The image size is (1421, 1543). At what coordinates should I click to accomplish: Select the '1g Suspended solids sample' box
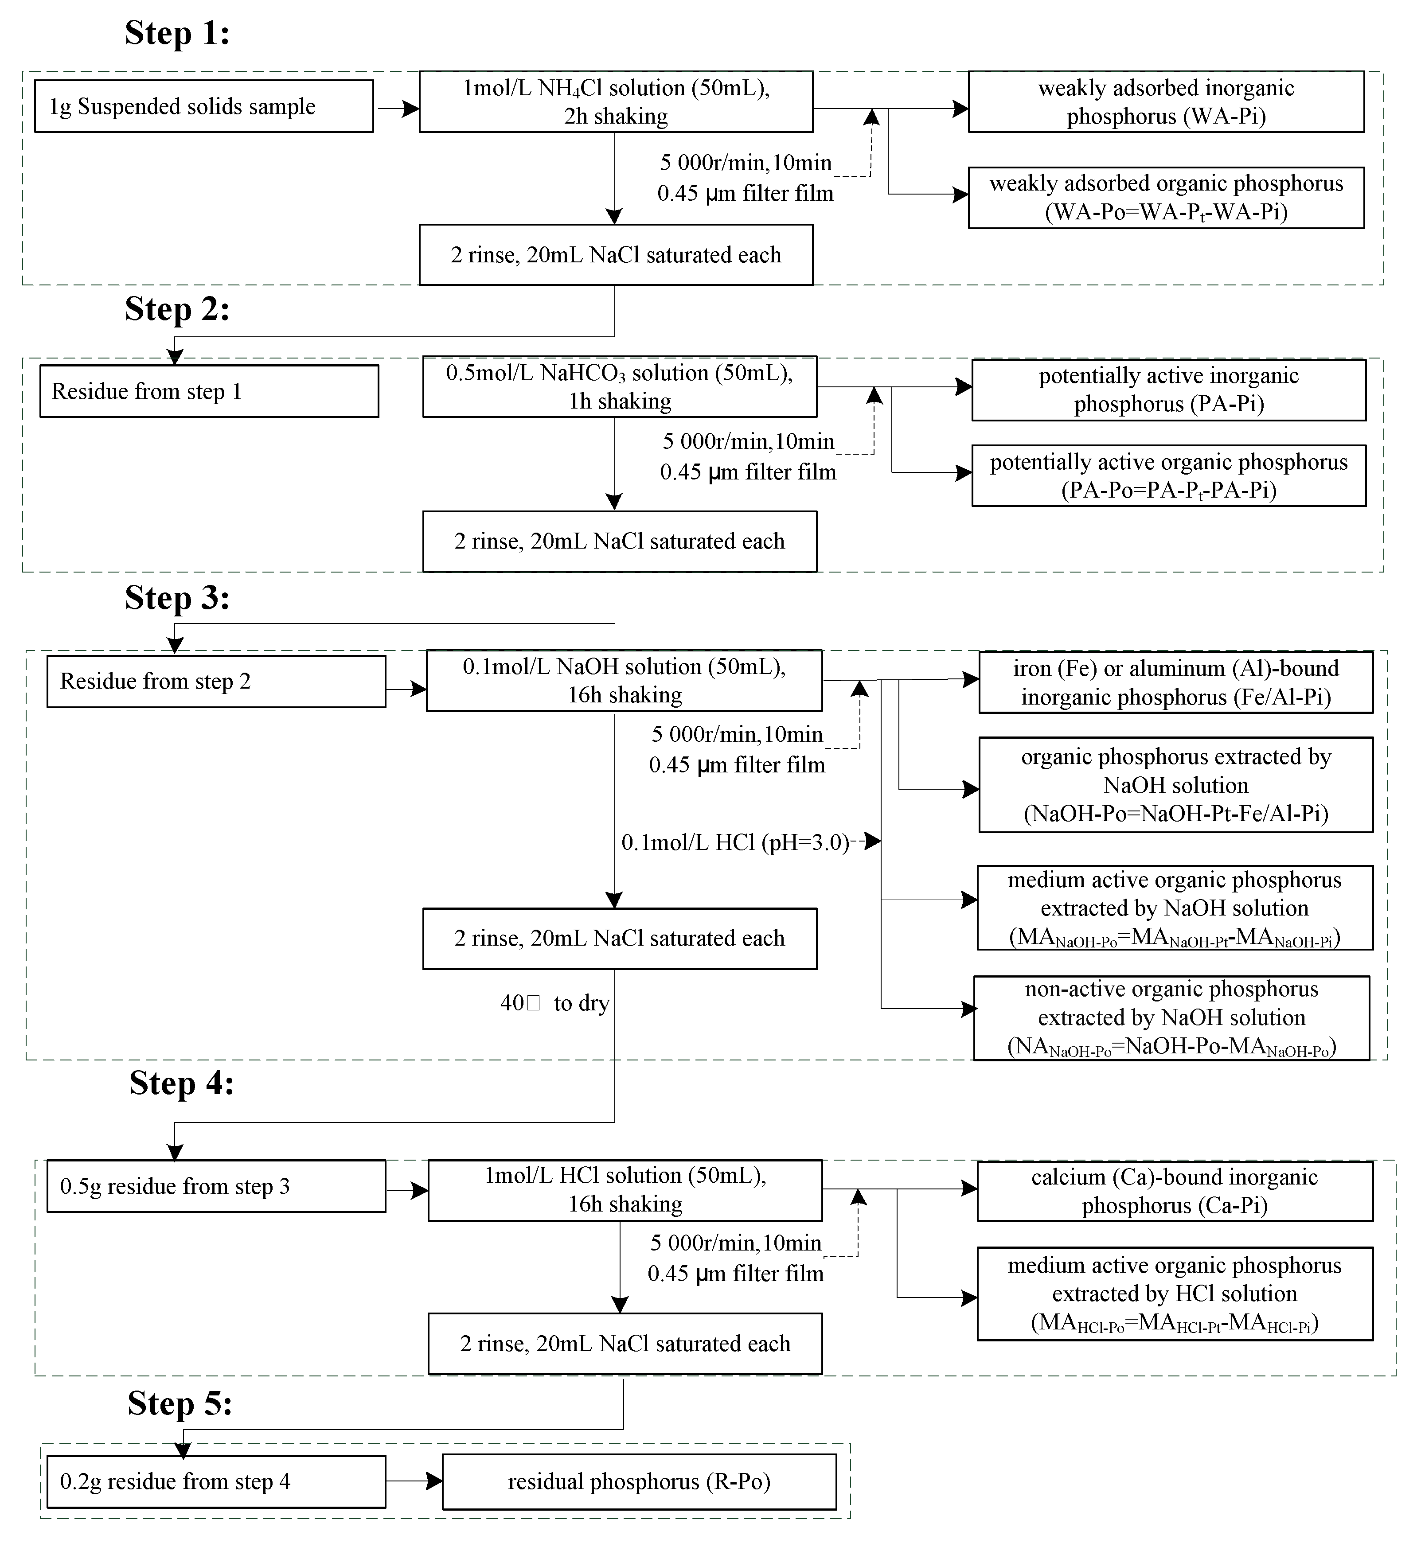tap(204, 106)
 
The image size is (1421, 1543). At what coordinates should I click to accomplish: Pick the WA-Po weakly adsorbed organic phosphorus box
tap(1166, 198)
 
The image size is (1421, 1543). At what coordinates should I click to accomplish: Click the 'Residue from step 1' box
tap(209, 391)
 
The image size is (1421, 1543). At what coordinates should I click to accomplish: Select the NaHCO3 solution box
tap(619, 387)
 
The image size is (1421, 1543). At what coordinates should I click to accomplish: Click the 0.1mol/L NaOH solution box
tap(624, 680)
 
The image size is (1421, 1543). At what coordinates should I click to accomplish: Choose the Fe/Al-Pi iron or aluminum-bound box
tap(1175, 683)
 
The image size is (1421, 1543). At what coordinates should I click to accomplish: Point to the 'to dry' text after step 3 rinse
tap(582, 1003)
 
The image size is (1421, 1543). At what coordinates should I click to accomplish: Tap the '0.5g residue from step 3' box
tap(216, 1186)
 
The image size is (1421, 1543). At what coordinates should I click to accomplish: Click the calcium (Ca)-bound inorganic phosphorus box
tap(1174, 1191)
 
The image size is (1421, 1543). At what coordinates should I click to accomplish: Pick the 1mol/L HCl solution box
tap(625, 1190)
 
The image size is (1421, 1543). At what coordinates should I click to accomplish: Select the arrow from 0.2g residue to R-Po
tap(414, 1481)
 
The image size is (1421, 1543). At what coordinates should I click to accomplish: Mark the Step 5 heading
tap(180, 1404)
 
